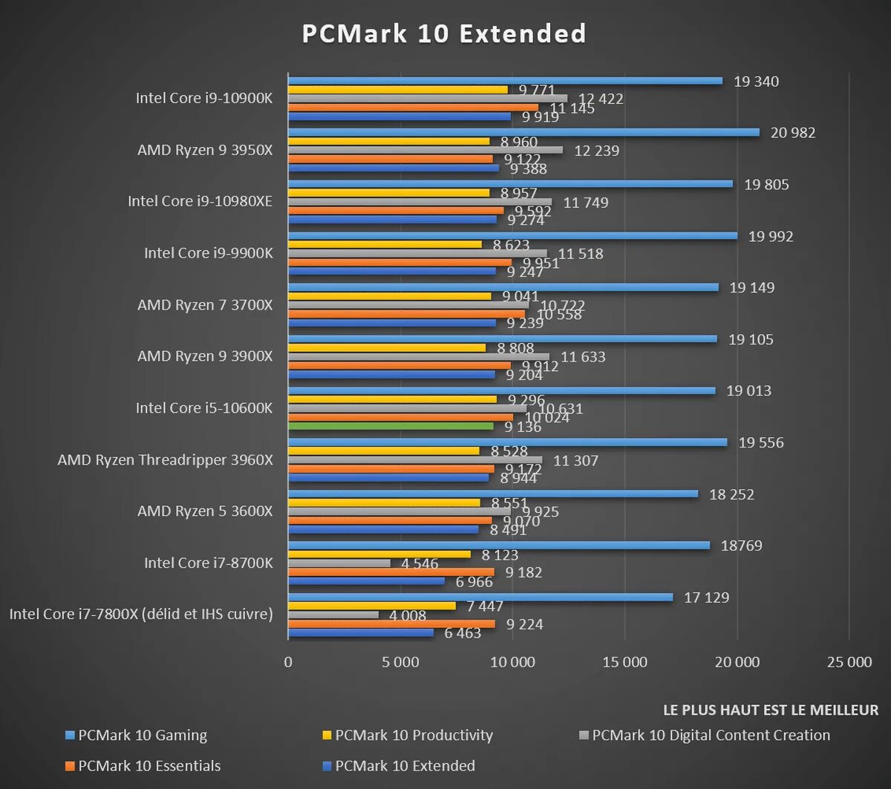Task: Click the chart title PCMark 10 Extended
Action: click(x=444, y=34)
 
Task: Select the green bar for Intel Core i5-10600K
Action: click(x=391, y=426)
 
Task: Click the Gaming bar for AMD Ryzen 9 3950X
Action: click(x=523, y=132)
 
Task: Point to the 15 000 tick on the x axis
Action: click(x=625, y=662)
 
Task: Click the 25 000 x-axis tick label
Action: click(x=849, y=662)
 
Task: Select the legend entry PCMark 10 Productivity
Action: click(x=414, y=736)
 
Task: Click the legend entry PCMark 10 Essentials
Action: click(x=149, y=766)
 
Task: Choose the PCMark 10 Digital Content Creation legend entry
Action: click(x=711, y=736)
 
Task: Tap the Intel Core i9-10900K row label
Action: click(x=204, y=98)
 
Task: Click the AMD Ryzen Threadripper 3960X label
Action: click(x=165, y=460)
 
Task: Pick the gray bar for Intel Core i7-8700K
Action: click(x=339, y=563)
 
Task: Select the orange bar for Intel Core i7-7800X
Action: click(x=391, y=624)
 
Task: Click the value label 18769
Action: click(x=742, y=546)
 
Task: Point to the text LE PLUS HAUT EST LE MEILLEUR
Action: click(x=770, y=710)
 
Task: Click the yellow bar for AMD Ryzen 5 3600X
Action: click(x=384, y=502)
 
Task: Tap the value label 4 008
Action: click(x=409, y=615)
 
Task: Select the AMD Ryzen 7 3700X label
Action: click(x=205, y=305)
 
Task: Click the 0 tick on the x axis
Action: click(x=288, y=662)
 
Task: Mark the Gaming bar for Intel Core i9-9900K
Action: click(x=512, y=236)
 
